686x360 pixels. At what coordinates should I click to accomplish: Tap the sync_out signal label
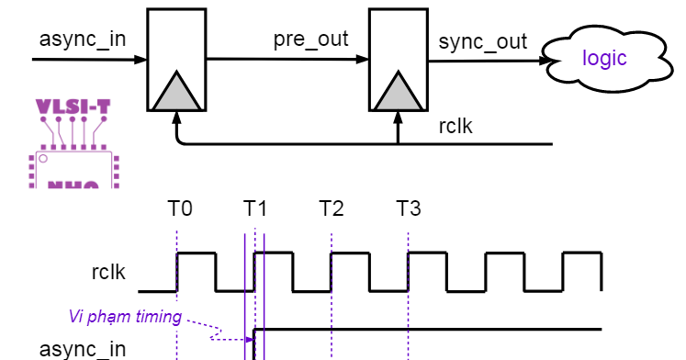tap(483, 41)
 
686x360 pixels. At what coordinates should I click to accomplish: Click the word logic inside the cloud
tap(604, 59)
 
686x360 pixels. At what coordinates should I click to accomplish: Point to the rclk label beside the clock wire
tap(455, 126)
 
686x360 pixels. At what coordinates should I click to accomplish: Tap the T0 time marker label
tap(180, 208)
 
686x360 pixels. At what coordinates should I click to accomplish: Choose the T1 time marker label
tap(255, 208)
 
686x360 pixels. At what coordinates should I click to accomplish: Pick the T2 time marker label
tap(332, 208)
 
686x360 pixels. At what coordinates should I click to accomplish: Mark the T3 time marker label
tap(409, 208)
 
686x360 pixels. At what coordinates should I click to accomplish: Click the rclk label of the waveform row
tap(108, 272)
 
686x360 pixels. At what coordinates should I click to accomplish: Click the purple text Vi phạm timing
tap(125, 317)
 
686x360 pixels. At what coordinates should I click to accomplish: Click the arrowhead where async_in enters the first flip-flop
tap(141, 61)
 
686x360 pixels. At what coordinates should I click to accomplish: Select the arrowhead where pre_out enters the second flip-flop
tap(363, 61)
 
